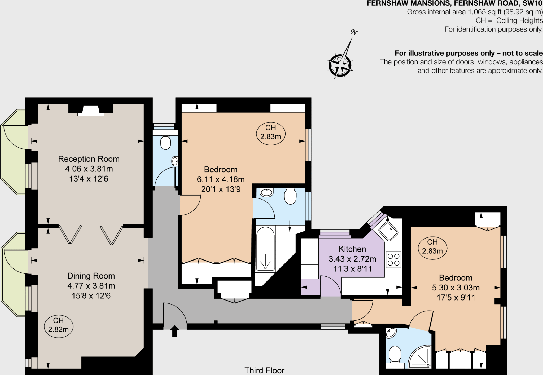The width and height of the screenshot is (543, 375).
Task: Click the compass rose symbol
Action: [340, 65]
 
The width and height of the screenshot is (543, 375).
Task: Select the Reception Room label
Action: [89, 159]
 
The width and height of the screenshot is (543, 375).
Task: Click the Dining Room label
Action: [91, 276]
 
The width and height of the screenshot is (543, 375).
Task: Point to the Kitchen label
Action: [352, 249]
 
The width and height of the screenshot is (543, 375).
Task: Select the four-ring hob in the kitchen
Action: [393, 260]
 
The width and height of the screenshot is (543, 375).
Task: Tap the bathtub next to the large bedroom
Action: [265, 249]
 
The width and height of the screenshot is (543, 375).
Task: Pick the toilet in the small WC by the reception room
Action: [166, 143]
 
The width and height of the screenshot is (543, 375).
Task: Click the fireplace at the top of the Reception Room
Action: [91, 111]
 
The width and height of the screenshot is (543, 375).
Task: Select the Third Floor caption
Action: [264, 370]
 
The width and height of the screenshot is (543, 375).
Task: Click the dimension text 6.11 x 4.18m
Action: [221, 179]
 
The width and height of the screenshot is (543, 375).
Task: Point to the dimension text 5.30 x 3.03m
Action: [456, 288]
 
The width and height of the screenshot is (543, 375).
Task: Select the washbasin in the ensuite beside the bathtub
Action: [266, 192]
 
